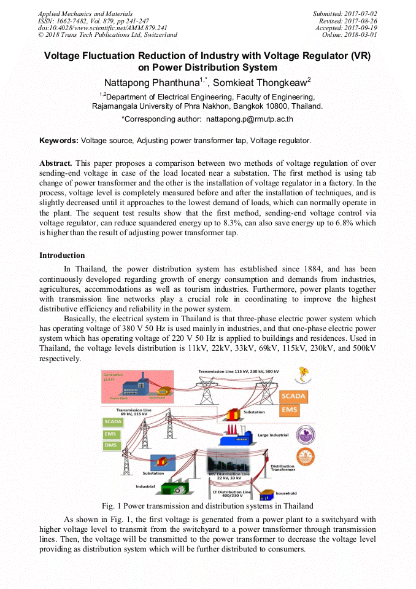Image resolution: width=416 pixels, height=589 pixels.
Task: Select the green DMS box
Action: coord(112,445)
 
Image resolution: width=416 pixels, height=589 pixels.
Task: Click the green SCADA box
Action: coord(112,422)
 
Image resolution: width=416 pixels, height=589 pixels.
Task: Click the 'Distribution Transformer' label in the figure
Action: coord(282,467)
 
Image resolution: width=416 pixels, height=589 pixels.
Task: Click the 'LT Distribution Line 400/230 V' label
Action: coord(231,494)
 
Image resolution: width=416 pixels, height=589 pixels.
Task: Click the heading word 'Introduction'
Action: coord(62,255)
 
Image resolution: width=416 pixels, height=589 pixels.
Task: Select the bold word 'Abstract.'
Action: coord(56,163)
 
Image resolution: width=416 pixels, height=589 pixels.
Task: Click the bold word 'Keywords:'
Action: coord(59,141)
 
